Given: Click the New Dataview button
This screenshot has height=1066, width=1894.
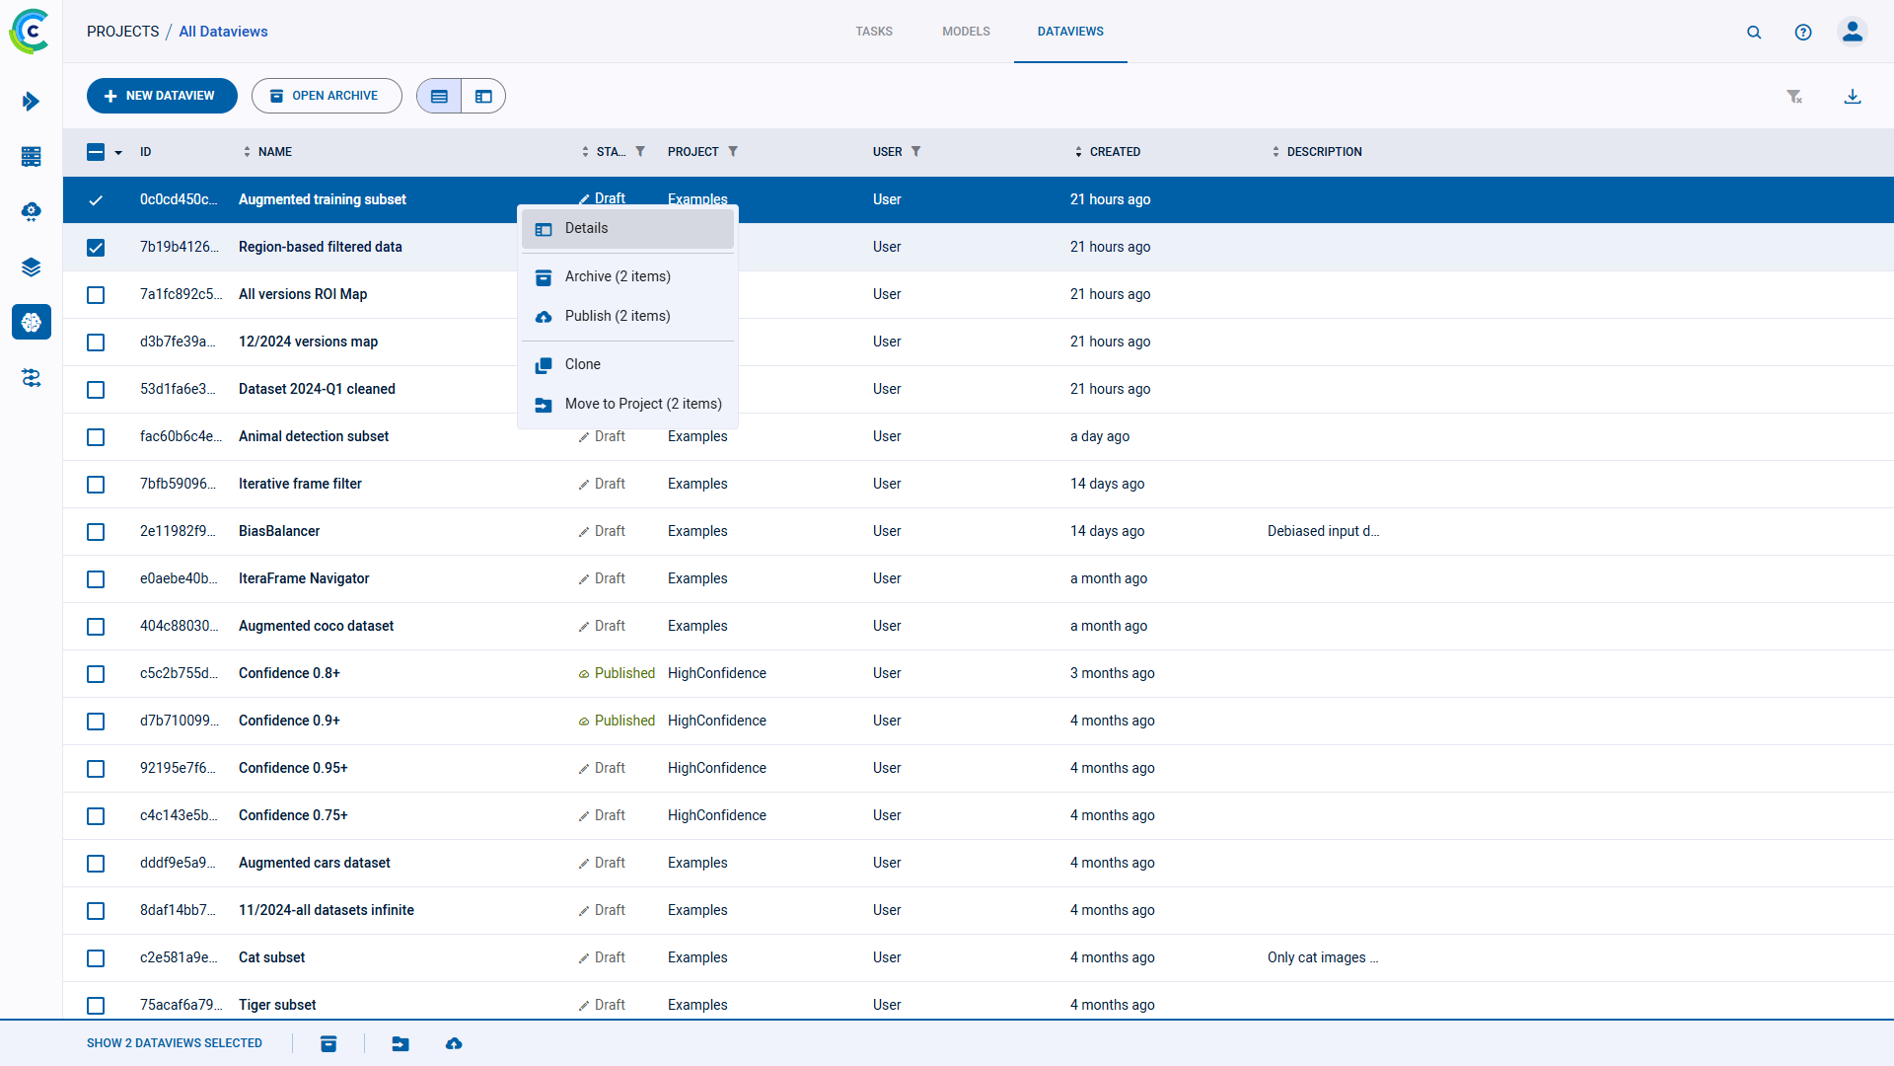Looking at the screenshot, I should point(162,96).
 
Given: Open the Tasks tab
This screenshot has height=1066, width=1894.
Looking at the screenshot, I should point(874,32).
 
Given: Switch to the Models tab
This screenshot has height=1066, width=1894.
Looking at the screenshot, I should point(966,32).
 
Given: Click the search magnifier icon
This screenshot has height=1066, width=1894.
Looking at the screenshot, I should point(1754,33).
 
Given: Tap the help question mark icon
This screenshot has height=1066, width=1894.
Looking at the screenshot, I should point(1803,33).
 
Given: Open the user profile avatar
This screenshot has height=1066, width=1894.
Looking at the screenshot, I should point(1853,33).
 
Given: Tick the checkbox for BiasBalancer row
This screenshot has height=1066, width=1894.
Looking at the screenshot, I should point(96,532).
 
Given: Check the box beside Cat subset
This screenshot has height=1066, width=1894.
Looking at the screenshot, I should point(96,958).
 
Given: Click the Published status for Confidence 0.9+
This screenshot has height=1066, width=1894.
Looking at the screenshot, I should point(623,722).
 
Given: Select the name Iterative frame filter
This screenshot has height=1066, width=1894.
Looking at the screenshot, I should point(300,485).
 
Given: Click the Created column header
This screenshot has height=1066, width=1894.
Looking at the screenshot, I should point(1115,152).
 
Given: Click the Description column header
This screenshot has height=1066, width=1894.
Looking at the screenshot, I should point(1324,152).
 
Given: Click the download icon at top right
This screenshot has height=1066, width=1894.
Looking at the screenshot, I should point(1853,97).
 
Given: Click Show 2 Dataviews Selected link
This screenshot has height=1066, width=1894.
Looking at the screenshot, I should point(175,1043).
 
